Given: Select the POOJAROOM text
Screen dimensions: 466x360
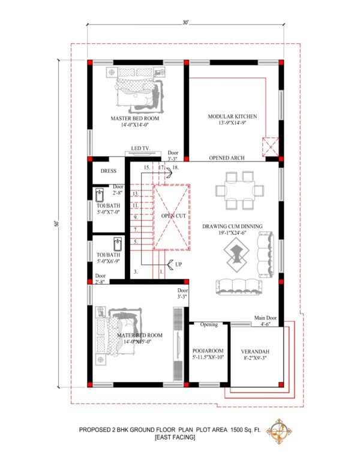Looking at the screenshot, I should click(x=208, y=349).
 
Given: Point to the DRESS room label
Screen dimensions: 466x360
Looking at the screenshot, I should click(x=109, y=171).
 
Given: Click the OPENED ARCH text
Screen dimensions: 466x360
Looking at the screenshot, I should click(x=227, y=158).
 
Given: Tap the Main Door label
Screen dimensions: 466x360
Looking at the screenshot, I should click(x=262, y=318).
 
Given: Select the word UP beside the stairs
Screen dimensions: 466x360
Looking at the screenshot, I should click(x=179, y=264).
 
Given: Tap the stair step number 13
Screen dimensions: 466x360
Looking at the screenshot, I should click(x=136, y=193).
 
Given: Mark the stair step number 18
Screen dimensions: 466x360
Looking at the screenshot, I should click(x=175, y=168).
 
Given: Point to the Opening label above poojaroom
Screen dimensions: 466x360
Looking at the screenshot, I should click(x=209, y=325).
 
